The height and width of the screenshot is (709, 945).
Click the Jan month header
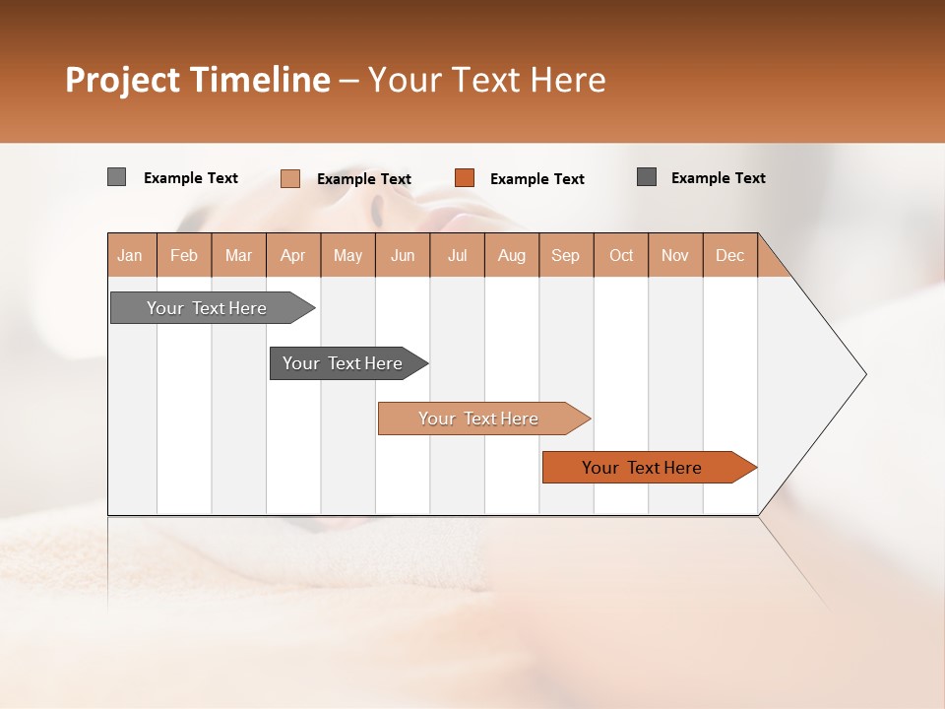pos(130,255)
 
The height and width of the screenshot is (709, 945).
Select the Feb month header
pos(184,255)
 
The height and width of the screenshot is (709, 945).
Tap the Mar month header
pos(238,255)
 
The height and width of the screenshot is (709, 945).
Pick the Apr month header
pos(293,255)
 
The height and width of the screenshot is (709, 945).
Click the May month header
pos(347,255)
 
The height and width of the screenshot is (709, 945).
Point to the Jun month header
pos(403,255)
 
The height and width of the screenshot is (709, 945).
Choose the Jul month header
pos(457,255)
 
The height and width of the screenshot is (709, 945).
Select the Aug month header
pos(512,255)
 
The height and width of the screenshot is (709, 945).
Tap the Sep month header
pos(566,255)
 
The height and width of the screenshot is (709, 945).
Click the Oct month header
pos(621,255)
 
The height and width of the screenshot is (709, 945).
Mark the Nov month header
pos(675,255)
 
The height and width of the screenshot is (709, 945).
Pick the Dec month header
pos(730,255)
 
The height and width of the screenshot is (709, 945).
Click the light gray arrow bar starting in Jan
pos(208,308)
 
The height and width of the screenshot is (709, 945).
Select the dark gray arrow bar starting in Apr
pos(344,363)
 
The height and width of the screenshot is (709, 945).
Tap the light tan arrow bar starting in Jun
pos(479,419)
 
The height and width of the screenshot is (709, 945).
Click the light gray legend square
pos(116,177)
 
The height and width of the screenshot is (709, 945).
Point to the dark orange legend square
pos(465,177)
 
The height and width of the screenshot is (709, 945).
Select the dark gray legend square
pos(647,177)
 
